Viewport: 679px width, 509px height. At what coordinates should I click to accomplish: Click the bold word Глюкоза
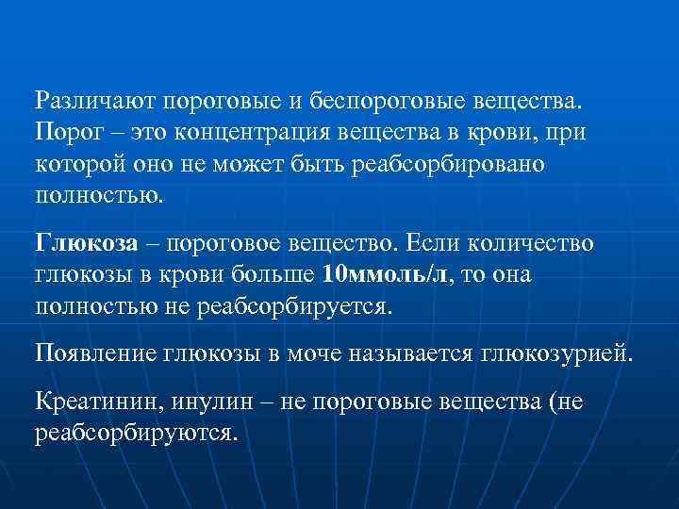point(87,242)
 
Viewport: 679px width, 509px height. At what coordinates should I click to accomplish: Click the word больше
point(273,275)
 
